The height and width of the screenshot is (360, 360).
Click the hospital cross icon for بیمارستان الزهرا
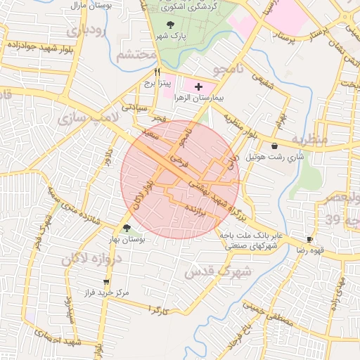pos(198,86)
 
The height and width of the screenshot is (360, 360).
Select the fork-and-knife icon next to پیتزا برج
pos(157,72)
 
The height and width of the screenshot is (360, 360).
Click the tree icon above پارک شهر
pos(172,25)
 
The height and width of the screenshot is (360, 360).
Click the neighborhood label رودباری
pos(85,31)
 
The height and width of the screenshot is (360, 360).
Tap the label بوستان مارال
pos(89,6)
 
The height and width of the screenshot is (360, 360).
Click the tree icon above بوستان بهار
pos(127,228)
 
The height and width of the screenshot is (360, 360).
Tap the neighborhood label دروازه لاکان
pos(92,259)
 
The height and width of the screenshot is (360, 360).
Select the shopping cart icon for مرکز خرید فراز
pos(106,282)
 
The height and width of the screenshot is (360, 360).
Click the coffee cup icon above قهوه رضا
pos(310,240)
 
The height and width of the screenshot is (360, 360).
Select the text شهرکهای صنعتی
pos(252,246)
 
